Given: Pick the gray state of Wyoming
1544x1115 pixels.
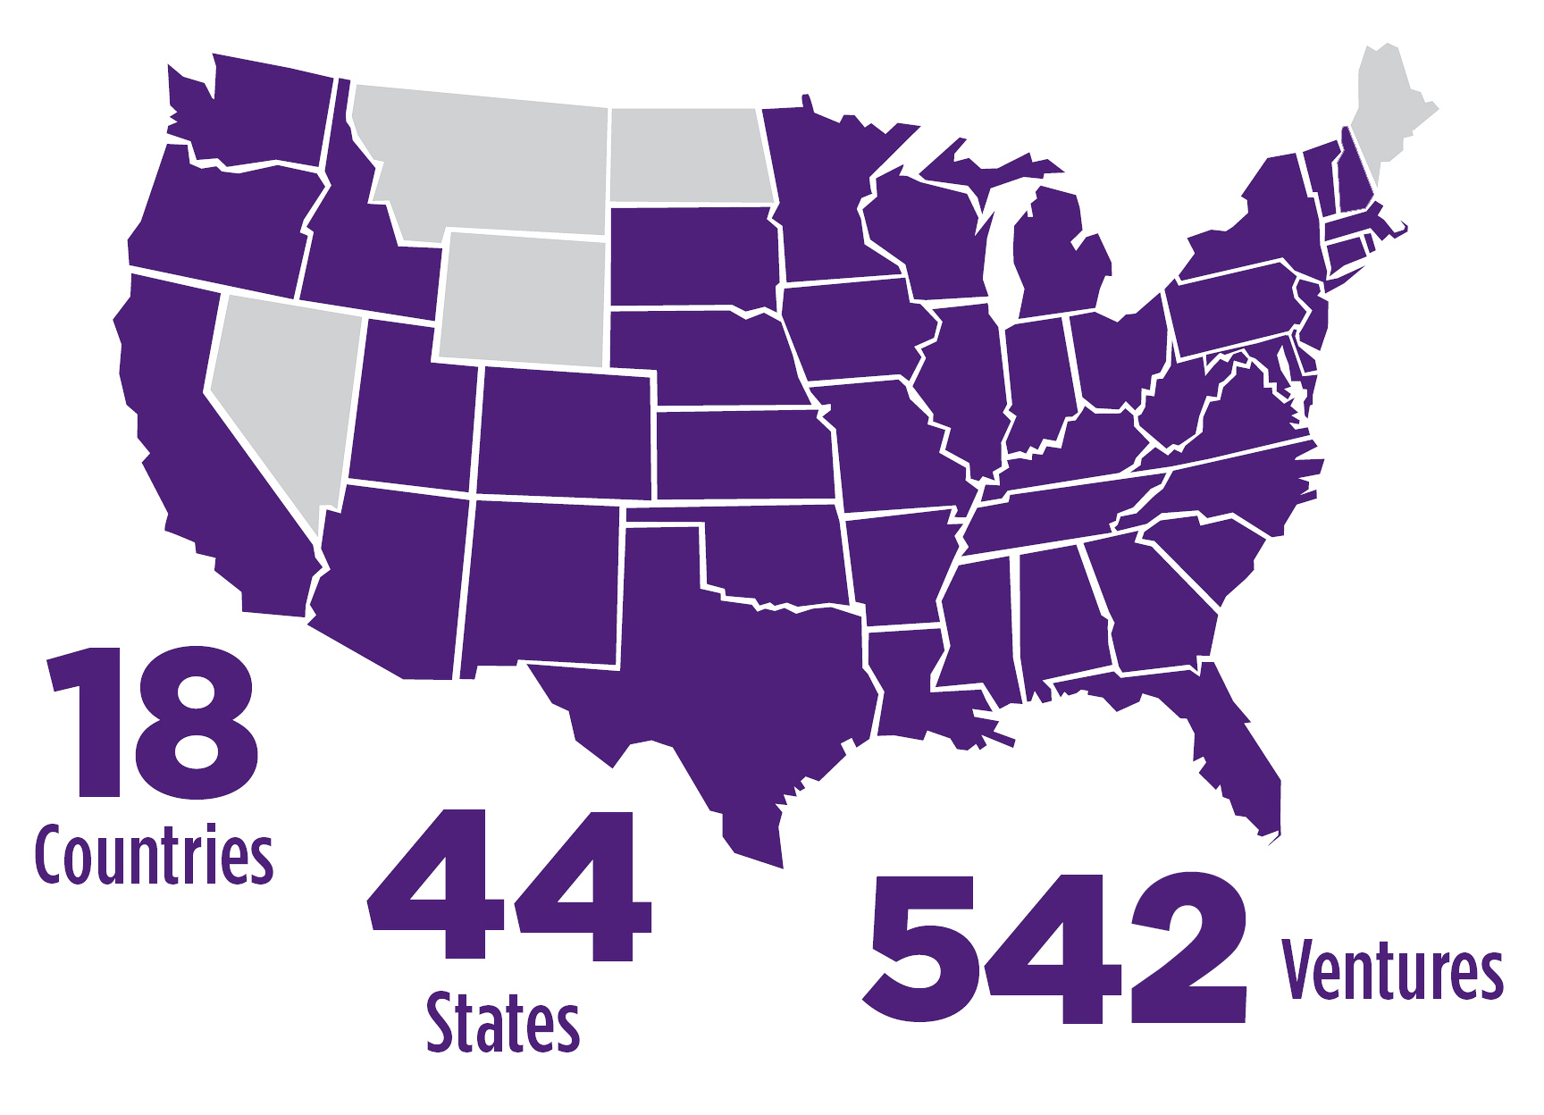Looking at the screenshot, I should pyautogui.click(x=523, y=299).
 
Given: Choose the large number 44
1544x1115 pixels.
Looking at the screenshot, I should pyautogui.click(x=509, y=884).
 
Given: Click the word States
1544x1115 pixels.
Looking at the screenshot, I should pyautogui.click(x=503, y=1024).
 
